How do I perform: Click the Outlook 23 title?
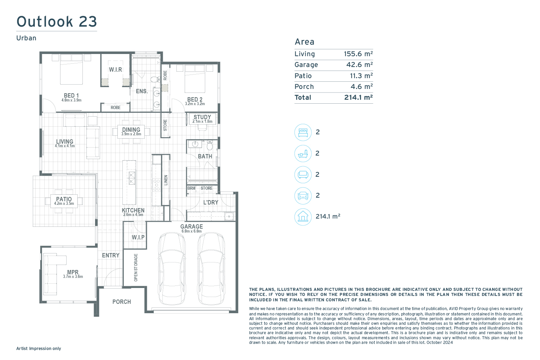coord(57,22)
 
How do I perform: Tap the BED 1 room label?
coord(71,95)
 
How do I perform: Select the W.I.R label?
coord(116,70)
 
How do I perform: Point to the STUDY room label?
coord(202,117)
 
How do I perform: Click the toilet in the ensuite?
coord(156,79)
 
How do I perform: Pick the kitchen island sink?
coord(132,178)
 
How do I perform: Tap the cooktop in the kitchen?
coord(157,185)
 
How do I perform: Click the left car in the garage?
coord(172,268)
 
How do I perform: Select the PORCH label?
coord(122,302)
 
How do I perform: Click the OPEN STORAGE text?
coord(136,267)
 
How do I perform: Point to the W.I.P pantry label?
coord(138,237)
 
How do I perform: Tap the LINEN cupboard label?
coord(166,180)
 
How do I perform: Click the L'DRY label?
coord(211,202)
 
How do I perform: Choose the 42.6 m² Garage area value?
coord(359,65)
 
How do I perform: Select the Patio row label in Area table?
coord(303,76)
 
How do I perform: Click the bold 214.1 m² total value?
coord(359,98)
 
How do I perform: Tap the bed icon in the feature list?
coord(303,132)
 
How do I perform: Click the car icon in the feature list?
coord(303,196)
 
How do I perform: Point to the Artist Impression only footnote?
coord(39,348)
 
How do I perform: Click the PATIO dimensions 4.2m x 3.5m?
coord(64,203)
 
